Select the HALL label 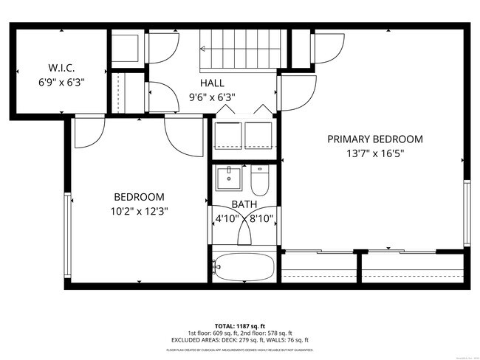212,83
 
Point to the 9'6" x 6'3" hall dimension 212,96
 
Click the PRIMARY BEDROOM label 375,139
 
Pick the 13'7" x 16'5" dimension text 375,153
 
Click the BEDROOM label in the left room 139,197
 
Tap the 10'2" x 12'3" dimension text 139,210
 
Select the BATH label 244,204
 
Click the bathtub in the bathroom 244,266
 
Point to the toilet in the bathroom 261,179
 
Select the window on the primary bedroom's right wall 466,214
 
